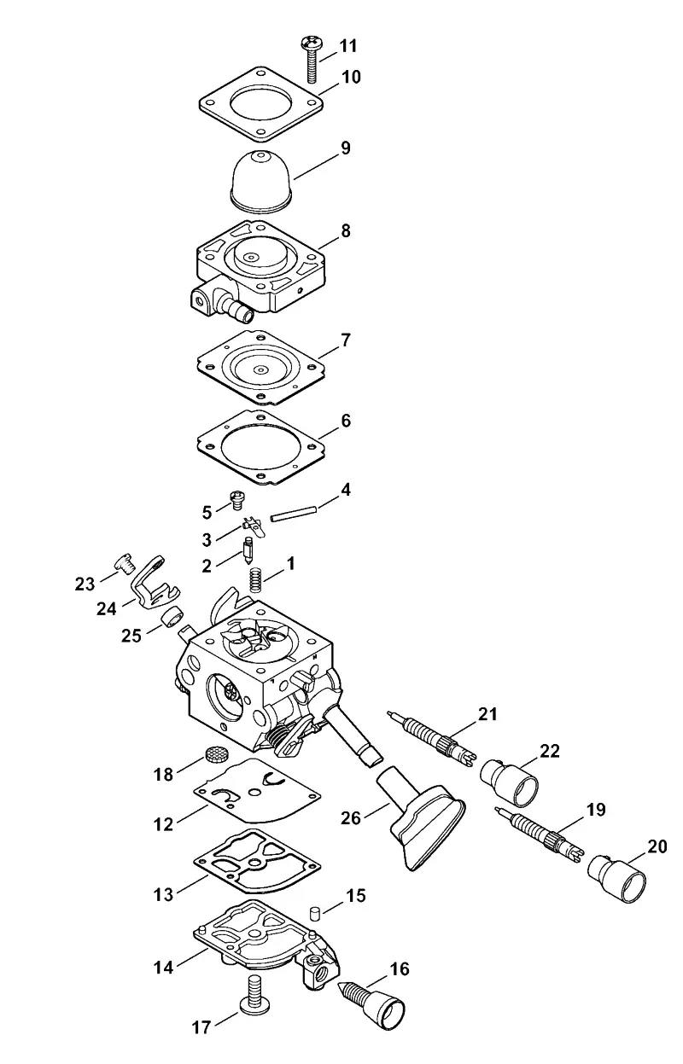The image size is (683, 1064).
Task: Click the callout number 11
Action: pos(348,47)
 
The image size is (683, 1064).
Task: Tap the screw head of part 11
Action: pos(312,44)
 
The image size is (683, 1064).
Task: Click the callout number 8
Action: pos(346,232)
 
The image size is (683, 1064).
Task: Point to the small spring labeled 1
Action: pos(256,580)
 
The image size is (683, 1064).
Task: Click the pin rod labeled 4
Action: pos(293,514)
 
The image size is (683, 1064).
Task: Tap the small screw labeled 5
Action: pos(236,500)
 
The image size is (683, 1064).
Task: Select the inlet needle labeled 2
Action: pos(248,550)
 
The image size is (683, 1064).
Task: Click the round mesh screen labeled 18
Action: pos(217,753)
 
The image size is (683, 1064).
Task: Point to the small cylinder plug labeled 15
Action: pos(313,912)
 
